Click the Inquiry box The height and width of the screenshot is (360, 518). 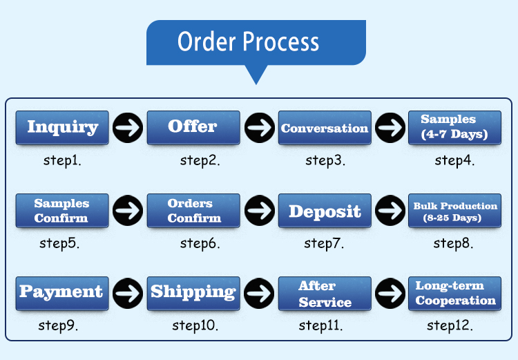[62, 128]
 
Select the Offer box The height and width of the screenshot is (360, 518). [193, 128]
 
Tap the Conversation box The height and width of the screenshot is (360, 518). [325, 128]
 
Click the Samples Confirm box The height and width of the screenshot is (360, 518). [62, 211]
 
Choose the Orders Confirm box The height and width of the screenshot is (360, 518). [193, 211]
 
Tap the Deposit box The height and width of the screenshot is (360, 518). [325, 211]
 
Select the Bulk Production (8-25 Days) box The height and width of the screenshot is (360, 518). [454, 211]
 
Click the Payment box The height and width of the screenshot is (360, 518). [62, 293]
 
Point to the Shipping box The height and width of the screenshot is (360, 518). [193, 293]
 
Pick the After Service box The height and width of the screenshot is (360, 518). [325, 293]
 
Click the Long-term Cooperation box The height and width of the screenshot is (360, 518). [454, 293]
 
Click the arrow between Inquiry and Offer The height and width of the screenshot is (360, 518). [128, 128]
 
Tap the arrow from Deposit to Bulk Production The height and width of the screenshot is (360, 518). [390, 211]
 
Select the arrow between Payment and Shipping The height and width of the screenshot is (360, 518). [128, 293]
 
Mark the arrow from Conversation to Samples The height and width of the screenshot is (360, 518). [390, 128]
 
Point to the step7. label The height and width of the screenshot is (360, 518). [324, 243]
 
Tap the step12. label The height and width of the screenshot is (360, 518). [450, 325]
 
